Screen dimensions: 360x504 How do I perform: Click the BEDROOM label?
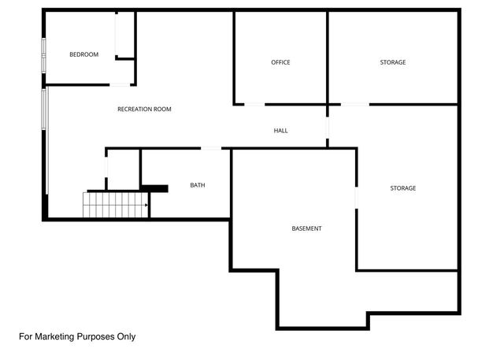[83, 54]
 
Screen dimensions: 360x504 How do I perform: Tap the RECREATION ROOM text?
[144, 109]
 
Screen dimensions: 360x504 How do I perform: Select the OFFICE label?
[280, 62]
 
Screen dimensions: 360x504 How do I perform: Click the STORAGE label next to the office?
[392, 62]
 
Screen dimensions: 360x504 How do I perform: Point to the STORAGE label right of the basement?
[402, 188]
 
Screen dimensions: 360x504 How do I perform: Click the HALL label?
[280, 131]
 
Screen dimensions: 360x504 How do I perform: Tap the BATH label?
[198, 186]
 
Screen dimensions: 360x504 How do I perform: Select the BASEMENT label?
[306, 228]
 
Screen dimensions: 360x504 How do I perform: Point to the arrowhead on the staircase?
[146, 206]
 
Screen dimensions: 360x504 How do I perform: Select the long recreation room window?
[46, 142]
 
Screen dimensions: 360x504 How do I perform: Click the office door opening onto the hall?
[254, 104]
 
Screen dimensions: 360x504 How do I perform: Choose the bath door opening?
[212, 148]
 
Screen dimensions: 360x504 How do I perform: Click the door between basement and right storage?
[357, 198]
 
